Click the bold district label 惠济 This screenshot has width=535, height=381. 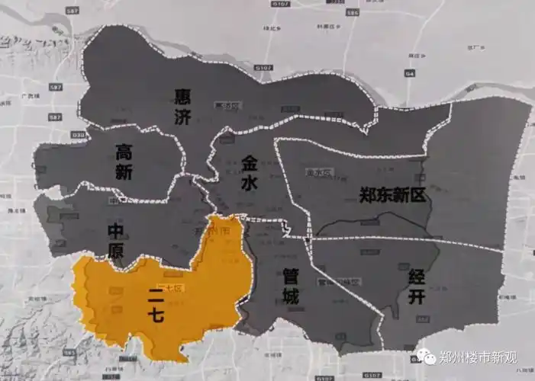[x=182, y=107]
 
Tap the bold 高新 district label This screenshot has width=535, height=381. [x=125, y=162]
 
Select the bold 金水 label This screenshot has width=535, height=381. [x=250, y=174]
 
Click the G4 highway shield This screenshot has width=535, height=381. [x=411, y=74]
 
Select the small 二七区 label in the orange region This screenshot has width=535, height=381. [x=173, y=288]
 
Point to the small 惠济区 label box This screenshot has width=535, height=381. [x=227, y=105]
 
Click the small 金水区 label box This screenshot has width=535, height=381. [x=314, y=174]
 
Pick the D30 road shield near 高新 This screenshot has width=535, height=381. [x=54, y=136]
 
